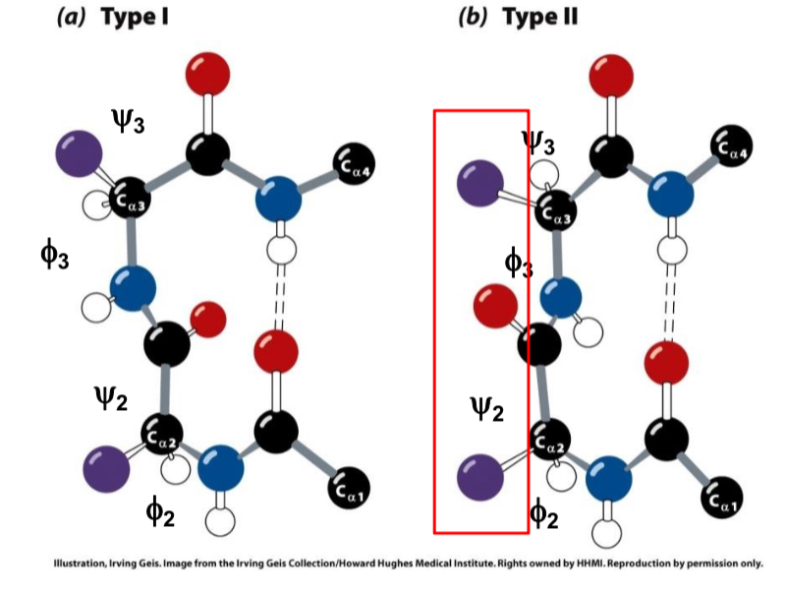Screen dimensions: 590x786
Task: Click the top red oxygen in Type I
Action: coord(207,75)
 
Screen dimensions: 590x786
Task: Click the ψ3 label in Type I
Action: coord(129,121)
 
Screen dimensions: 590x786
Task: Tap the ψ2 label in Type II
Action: coord(483,407)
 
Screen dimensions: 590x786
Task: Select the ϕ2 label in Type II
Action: coord(543,512)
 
